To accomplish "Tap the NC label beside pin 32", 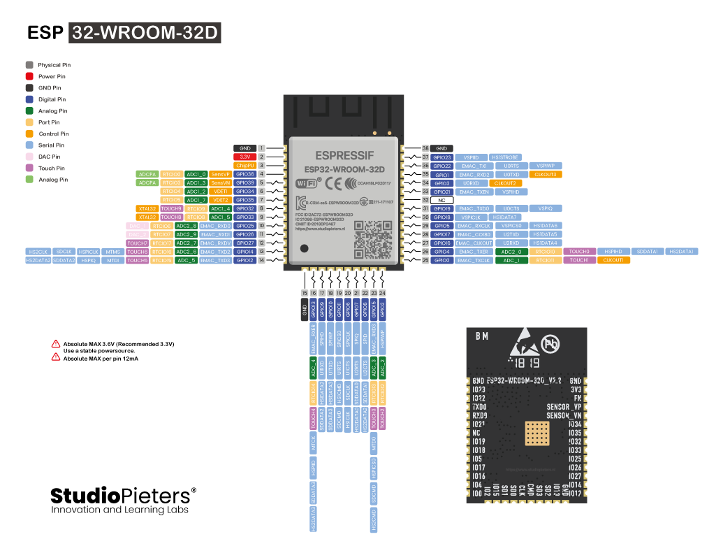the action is click(441, 200).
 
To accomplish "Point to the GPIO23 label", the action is click(441, 157).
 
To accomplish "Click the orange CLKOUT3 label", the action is click(545, 174).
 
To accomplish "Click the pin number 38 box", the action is click(425, 148).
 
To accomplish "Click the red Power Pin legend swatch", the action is click(29, 76).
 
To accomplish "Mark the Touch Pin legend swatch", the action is click(29, 168).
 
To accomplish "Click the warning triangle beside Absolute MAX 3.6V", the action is click(55, 344).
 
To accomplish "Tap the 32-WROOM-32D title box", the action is click(145, 34).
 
